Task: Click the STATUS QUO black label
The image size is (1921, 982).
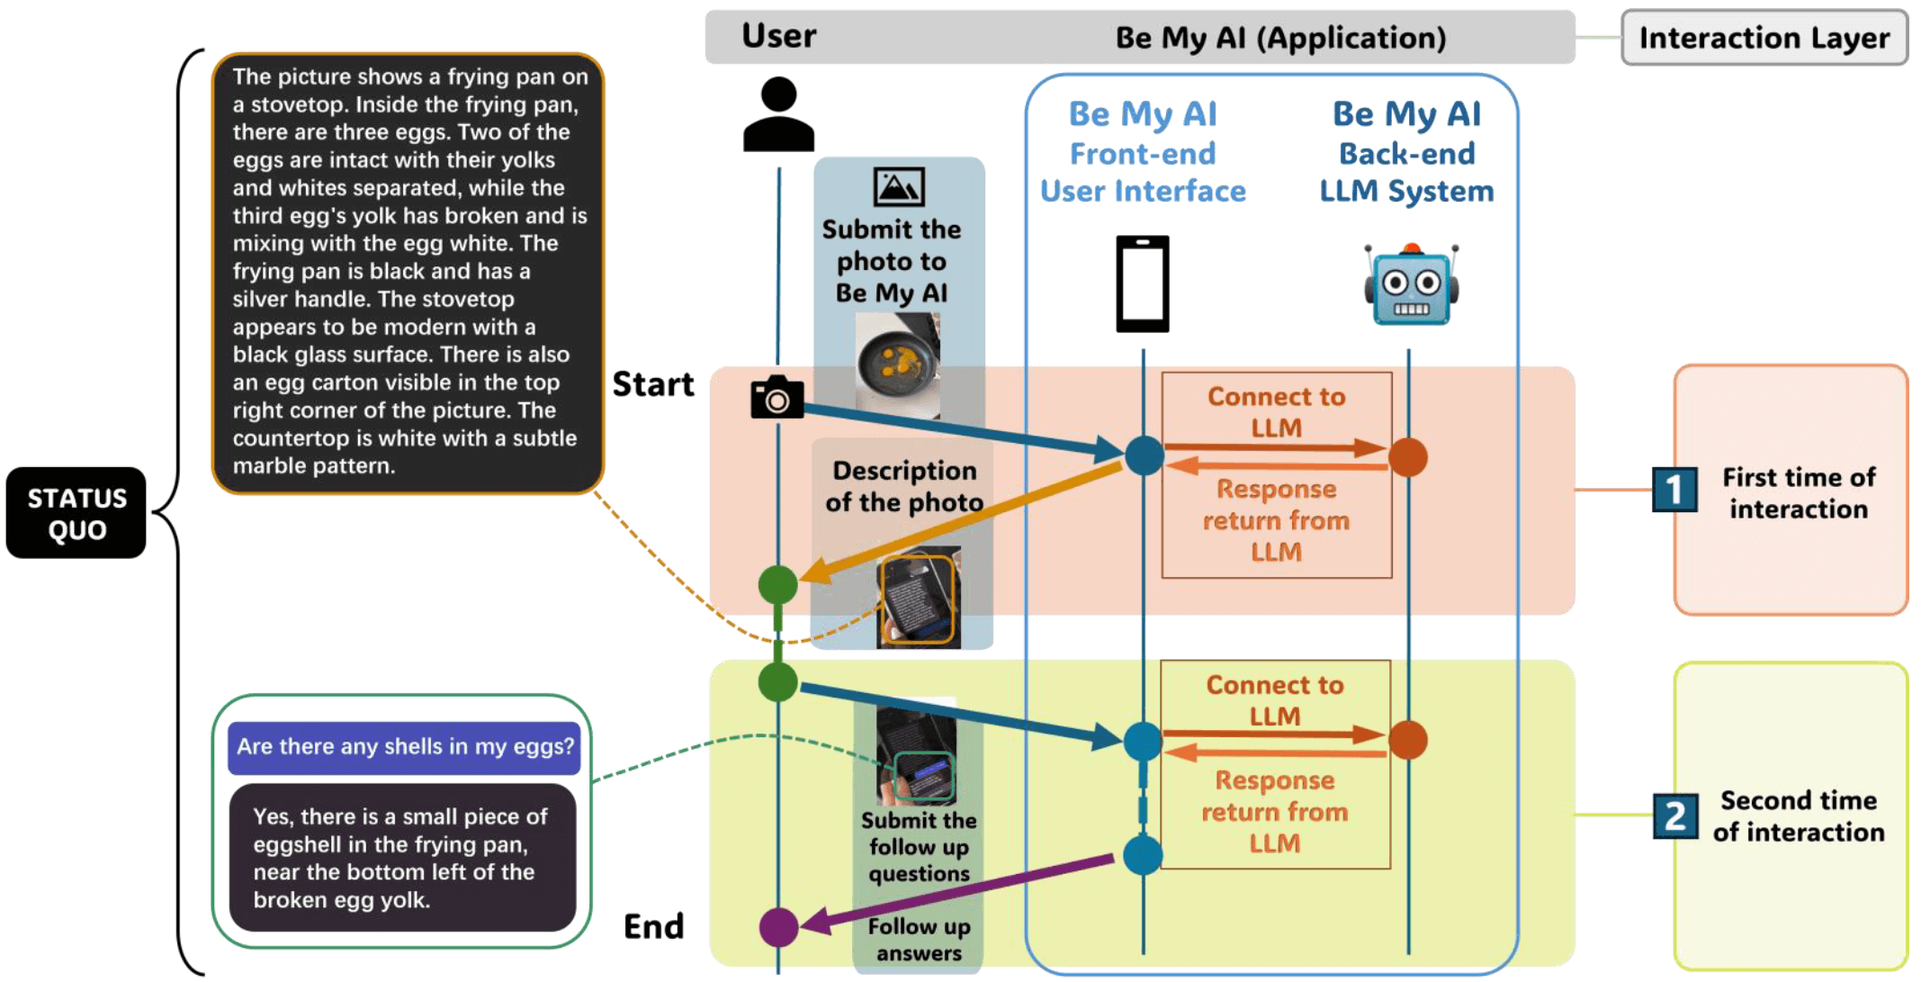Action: [x=76, y=513]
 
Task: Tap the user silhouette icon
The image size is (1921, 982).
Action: [x=778, y=114]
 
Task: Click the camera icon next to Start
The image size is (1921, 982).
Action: [x=776, y=397]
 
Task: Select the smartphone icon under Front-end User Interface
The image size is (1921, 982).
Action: [x=1143, y=284]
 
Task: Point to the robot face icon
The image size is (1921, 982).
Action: [x=1411, y=285]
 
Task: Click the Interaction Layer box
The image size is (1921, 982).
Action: [x=1764, y=38]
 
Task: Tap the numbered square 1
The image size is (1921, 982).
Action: [x=1674, y=490]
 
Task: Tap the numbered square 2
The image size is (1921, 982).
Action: [x=1675, y=815]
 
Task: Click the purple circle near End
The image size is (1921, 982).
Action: [x=778, y=926]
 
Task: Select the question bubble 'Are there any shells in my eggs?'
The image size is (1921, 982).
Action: [x=404, y=747]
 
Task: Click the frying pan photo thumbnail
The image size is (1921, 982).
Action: [x=898, y=365]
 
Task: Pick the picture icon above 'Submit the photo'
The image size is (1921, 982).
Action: [x=899, y=187]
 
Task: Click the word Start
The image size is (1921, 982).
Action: [x=653, y=384]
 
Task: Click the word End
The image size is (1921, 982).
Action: [x=654, y=926]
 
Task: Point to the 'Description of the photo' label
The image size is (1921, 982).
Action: [x=904, y=486]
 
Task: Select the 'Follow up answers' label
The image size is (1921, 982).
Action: [x=919, y=940]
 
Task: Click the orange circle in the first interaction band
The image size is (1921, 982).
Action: [x=1408, y=457]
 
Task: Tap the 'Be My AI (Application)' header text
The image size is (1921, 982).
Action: [x=1280, y=38]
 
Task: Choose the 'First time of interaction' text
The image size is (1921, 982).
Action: [x=1799, y=493]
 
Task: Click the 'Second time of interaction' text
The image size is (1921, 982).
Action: [x=1799, y=816]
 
